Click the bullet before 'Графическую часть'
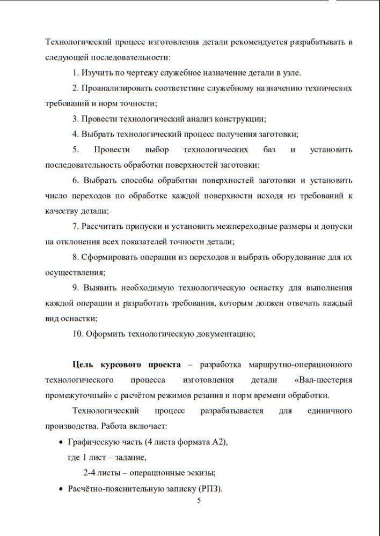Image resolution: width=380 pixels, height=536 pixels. pos(60,442)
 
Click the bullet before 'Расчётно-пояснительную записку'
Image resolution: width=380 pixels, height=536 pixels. pos(60,489)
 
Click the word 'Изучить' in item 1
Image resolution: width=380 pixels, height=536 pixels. pos(96,72)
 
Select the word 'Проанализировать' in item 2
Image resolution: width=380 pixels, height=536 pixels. pos(113,87)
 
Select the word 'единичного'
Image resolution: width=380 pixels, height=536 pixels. pos(330,411)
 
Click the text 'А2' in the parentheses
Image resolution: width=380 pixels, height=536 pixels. pos(218,442)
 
